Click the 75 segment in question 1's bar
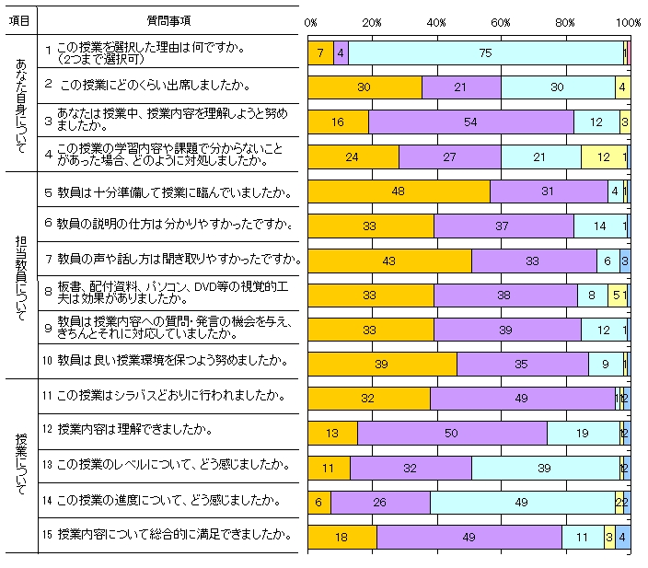pyautogui.click(x=485, y=53)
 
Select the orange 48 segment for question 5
pyautogui.click(x=399, y=191)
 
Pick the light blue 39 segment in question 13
pyautogui.click(x=545, y=468)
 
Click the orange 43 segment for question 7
pyautogui.click(x=389, y=261)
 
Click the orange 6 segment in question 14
pyautogui.click(x=318, y=503)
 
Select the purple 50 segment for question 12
pyautogui.click(x=452, y=434)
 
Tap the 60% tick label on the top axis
pyautogui.click(x=501, y=21)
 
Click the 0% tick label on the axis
pyautogui.click(x=311, y=21)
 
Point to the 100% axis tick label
pyautogui.click(x=629, y=21)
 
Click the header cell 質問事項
pyautogui.click(x=169, y=20)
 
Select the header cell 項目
pyautogui.click(x=19, y=20)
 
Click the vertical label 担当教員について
pyautogui.click(x=20, y=273)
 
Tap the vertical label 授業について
pyautogui.click(x=20, y=465)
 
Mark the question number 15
pyautogui.click(x=48, y=534)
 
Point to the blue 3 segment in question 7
pyautogui.click(x=625, y=261)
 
